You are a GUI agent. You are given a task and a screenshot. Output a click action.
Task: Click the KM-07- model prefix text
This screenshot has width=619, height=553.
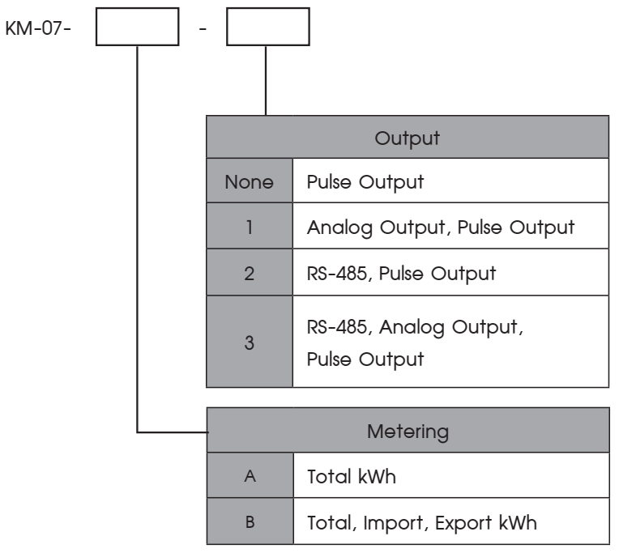tap(38, 28)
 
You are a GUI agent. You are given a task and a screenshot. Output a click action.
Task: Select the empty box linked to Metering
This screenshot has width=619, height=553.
tap(138, 27)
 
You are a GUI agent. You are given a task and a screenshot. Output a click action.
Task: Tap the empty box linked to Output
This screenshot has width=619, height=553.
tap(268, 27)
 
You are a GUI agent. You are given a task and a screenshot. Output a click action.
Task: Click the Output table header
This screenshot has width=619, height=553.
tap(408, 138)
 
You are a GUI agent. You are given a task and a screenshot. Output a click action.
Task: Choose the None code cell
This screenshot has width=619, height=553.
tap(250, 181)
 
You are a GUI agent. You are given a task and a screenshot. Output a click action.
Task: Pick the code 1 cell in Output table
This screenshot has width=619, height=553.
tap(250, 226)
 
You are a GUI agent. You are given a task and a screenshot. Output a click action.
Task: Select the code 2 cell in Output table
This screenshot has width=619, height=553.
tap(250, 273)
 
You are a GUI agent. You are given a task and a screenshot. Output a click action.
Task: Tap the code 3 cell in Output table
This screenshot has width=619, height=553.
tap(250, 342)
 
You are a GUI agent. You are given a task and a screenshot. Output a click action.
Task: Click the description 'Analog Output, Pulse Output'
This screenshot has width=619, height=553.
tap(441, 228)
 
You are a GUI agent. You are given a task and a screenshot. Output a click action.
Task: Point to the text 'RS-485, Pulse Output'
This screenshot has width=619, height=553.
tap(401, 274)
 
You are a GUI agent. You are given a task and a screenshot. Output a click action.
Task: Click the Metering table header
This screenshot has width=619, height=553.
tap(408, 430)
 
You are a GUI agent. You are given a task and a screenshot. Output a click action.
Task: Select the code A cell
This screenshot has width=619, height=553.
tap(250, 475)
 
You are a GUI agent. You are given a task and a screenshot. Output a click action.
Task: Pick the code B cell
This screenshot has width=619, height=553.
tap(250, 521)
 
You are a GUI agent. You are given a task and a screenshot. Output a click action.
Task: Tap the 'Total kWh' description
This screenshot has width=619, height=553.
tap(352, 476)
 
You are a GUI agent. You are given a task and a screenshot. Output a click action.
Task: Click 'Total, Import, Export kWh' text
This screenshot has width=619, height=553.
tap(422, 523)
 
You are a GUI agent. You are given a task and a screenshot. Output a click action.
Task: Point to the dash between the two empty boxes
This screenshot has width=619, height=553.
tap(203, 29)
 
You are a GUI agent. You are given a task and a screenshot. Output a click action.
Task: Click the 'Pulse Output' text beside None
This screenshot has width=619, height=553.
tap(365, 183)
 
